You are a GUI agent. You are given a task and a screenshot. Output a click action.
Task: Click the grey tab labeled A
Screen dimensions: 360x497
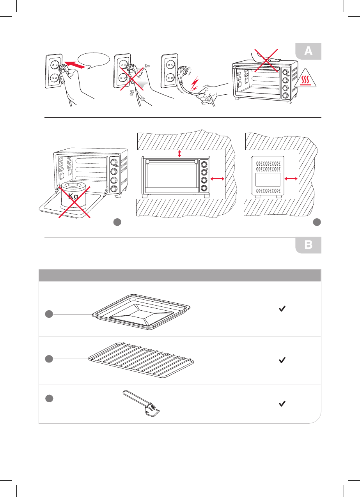[x=308, y=51]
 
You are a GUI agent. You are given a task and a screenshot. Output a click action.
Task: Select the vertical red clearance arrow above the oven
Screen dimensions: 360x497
[x=179, y=154]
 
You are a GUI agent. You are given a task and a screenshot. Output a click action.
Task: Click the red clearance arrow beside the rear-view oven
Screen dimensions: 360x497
[x=291, y=178]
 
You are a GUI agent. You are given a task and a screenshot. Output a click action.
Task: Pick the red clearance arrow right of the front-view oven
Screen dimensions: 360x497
[x=217, y=179]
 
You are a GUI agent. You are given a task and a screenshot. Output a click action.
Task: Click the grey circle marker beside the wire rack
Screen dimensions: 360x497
[x=49, y=358]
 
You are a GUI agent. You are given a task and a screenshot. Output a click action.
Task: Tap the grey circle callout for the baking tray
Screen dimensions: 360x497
[x=49, y=314]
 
